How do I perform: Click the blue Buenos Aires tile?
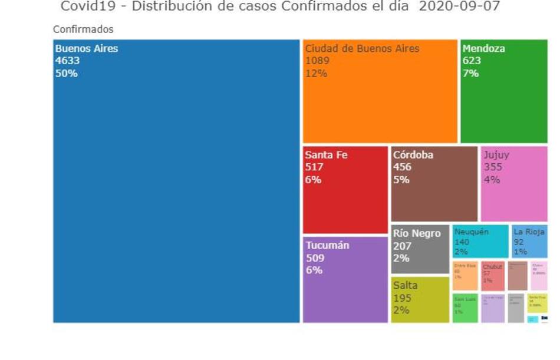[176, 194]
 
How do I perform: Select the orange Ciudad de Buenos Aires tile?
[380, 100]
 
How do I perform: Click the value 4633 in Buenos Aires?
[67, 61]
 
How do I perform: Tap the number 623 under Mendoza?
[472, 61]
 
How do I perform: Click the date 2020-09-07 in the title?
[459, 7]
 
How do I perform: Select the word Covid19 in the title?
[83, 7]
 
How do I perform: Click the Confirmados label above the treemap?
[83, 29]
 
